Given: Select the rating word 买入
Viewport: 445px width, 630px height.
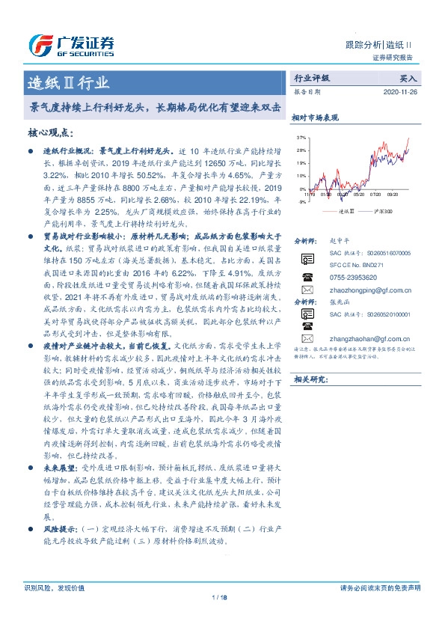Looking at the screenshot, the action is pos(408,78).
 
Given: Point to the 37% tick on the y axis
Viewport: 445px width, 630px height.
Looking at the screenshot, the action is pos(301,138).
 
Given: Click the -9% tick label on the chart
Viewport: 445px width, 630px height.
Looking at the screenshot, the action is pos(301,201).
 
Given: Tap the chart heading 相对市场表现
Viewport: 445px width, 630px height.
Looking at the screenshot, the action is pos(315,117).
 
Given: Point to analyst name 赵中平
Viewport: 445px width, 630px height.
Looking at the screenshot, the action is pos(339,241).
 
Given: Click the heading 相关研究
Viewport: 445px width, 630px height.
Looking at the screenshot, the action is pos(309,380).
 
